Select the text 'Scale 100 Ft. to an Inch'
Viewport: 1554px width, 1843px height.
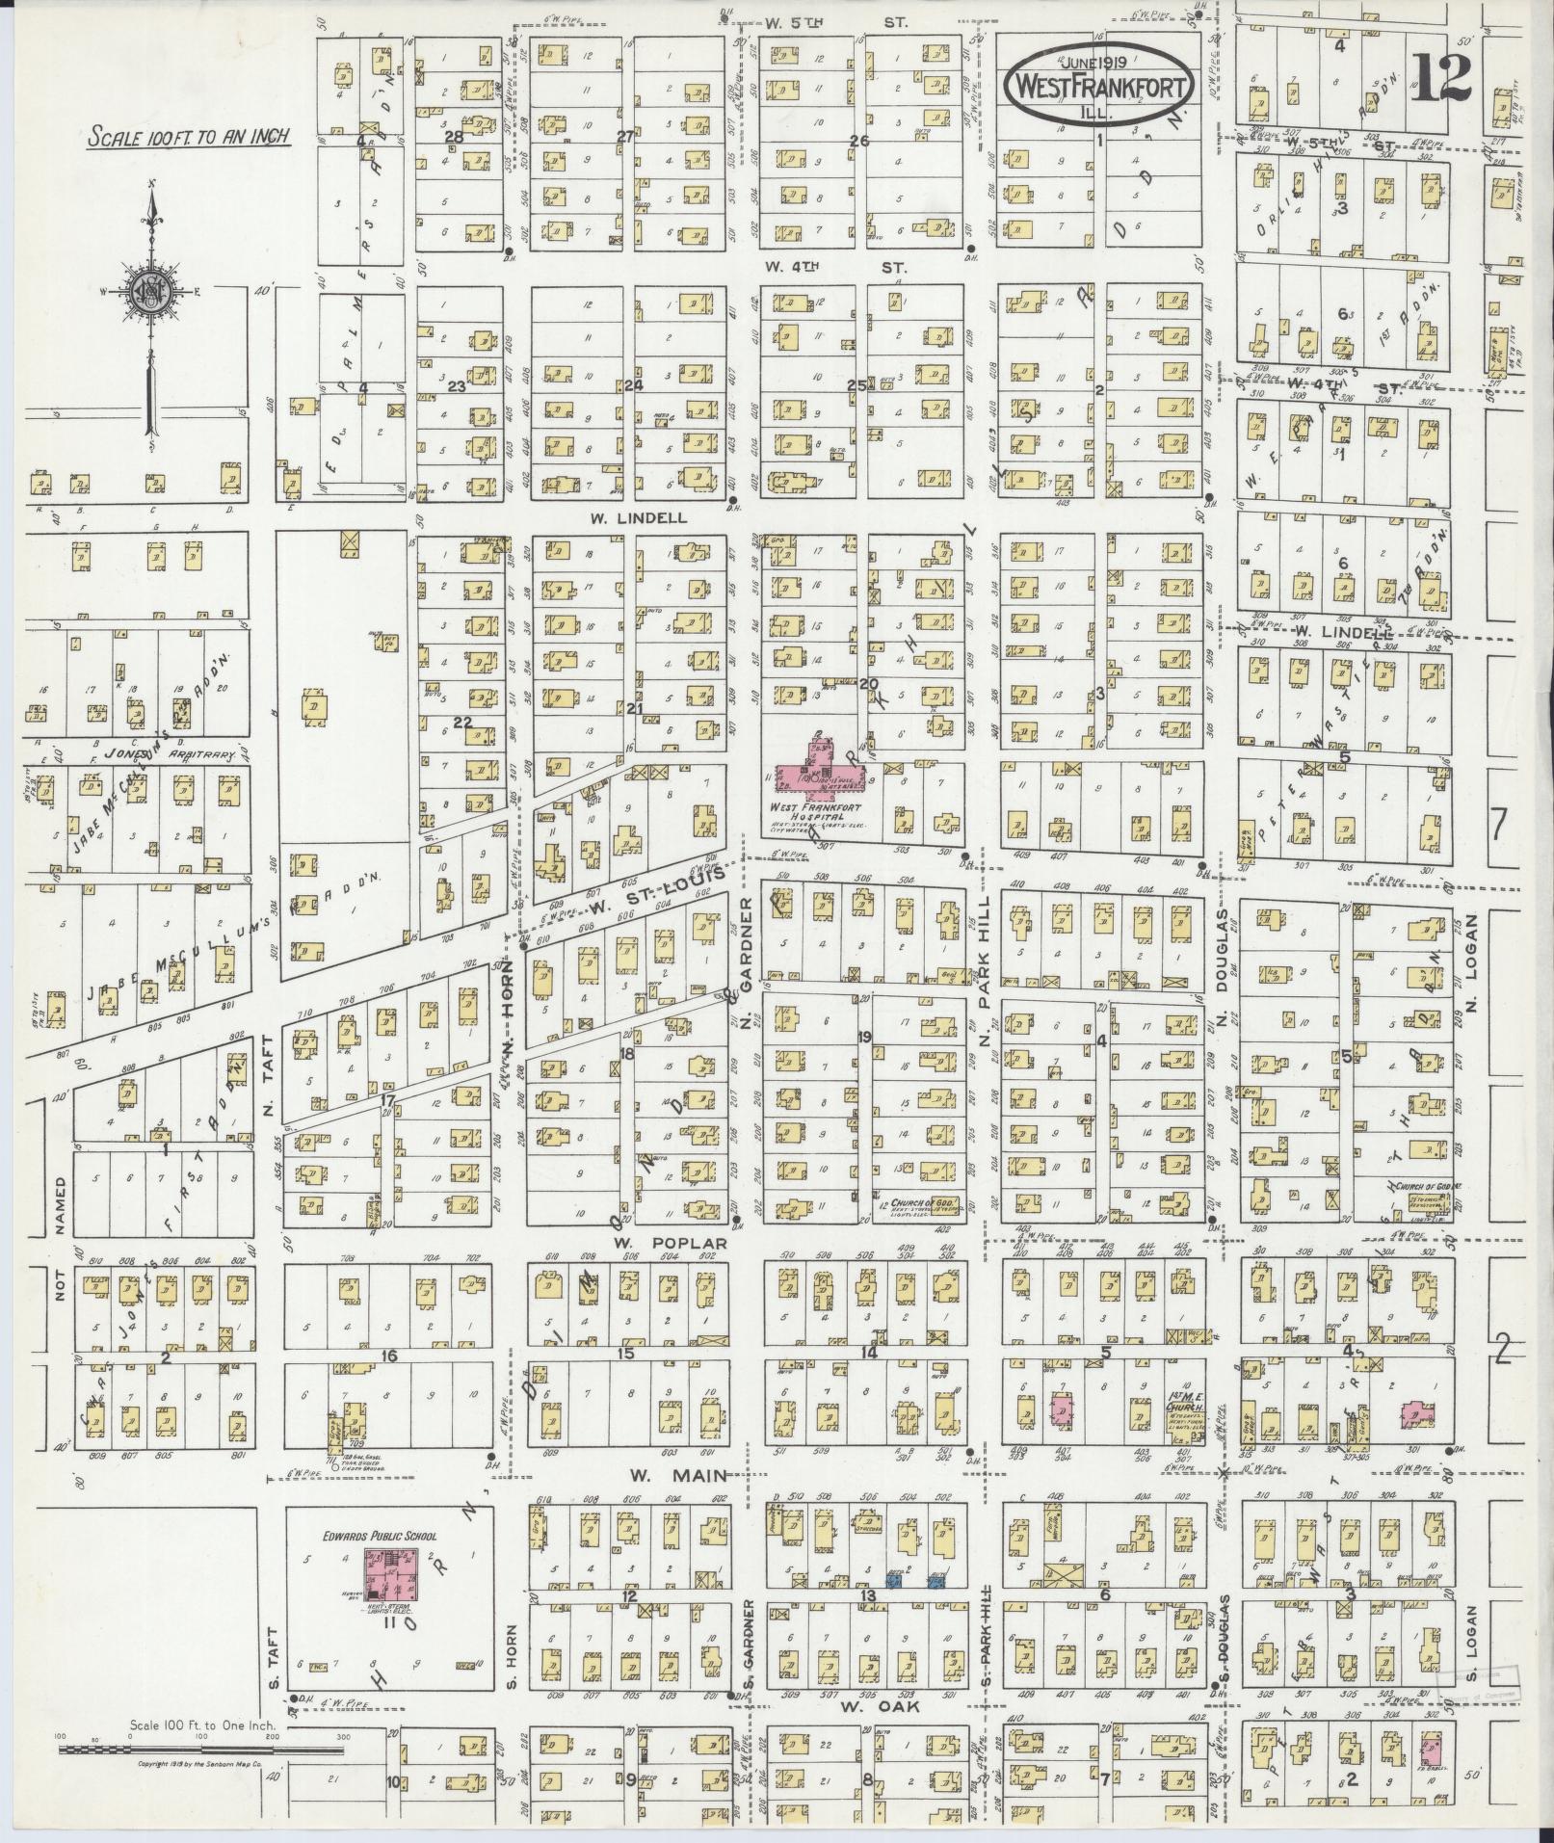[189, 136]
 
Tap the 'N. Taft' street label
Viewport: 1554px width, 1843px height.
[269, 1065]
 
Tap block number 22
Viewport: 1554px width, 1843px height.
[463, 723]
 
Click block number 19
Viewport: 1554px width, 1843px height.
[864, 1038]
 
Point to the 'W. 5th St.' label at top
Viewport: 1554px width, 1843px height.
[835, 20]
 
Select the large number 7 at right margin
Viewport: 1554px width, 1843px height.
[1496, 825]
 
